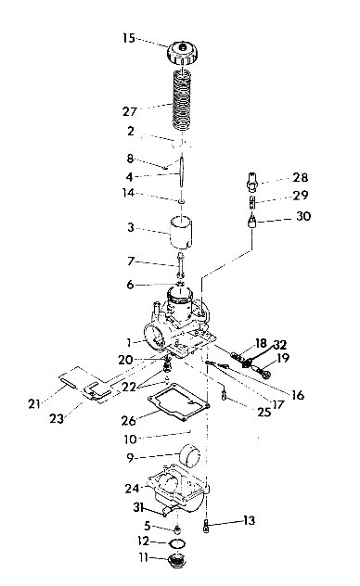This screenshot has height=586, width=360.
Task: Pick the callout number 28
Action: click(x=300, y=177)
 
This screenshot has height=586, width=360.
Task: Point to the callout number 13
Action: click(x=248, y=521)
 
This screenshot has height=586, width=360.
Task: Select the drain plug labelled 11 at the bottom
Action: click(x=170, y=561)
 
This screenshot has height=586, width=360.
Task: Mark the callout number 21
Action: click(x=34, y=403)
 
